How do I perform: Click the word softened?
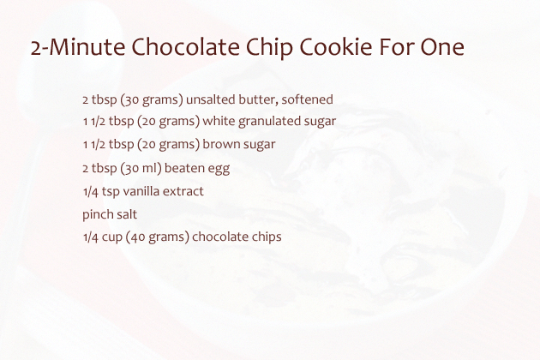307,99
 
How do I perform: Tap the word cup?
112,237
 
